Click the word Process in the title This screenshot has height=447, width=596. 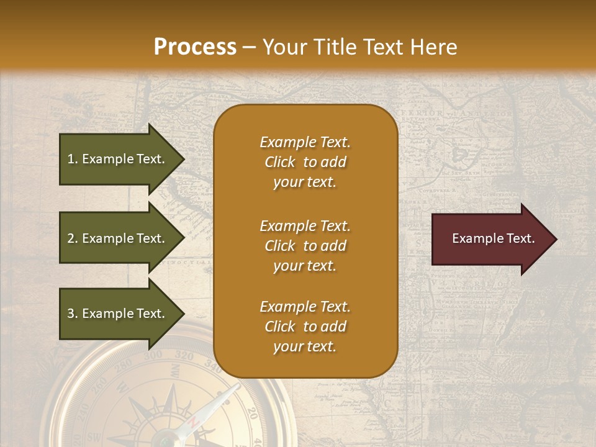pos(195,47)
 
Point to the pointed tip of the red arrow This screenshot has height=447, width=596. pos(556,239)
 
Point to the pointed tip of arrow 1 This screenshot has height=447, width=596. pos(184,159)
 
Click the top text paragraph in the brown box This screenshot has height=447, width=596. pos(305,162)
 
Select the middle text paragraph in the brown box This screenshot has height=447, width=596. pos(305,246)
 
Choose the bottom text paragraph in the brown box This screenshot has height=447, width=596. pos(305,327)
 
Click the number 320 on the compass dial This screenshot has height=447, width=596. pos(184,356)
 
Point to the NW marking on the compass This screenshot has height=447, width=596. pos(175,371)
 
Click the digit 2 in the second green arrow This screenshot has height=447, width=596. pos(70,238)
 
